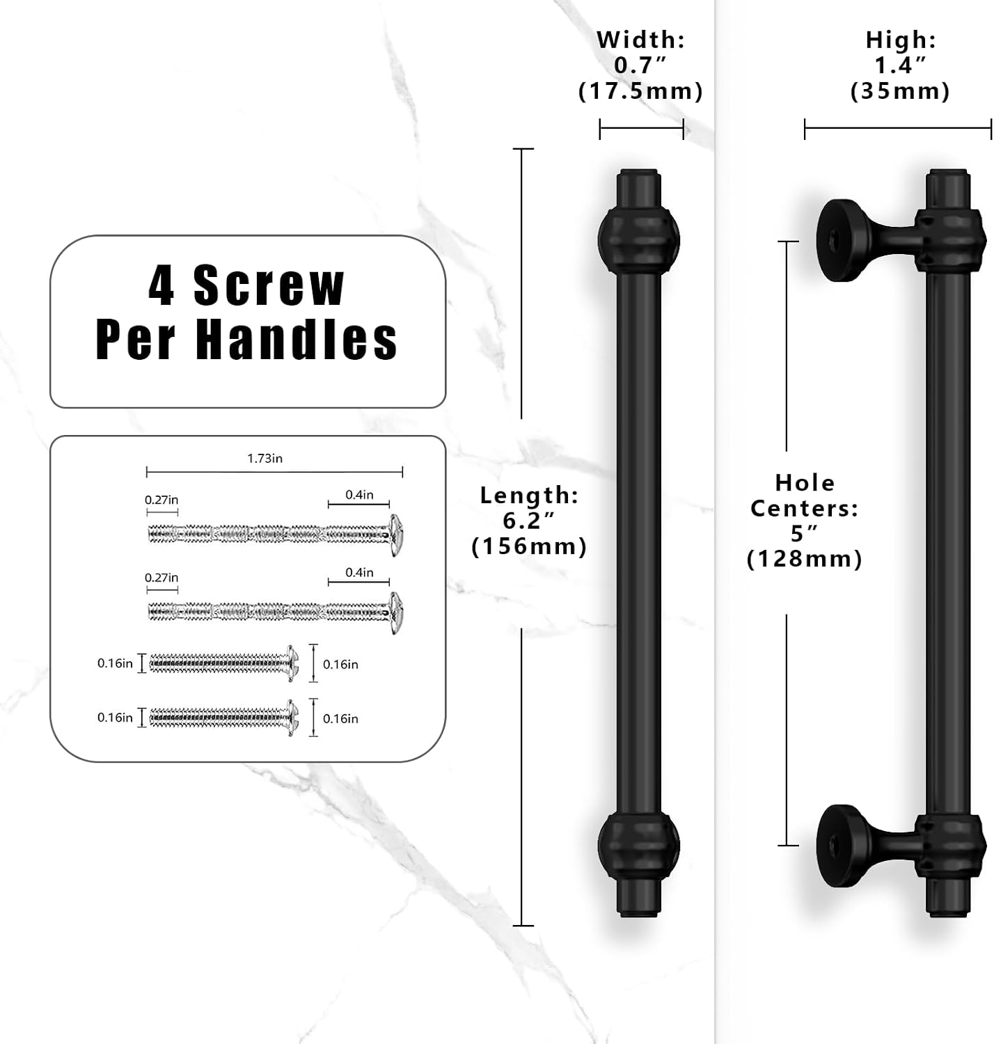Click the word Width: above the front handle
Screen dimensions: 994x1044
[x=640, y=40]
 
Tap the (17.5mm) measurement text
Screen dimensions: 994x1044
[x=640, y=90]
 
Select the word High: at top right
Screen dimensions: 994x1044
[x=901, y=40]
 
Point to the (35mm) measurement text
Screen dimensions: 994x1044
[x=900, y=90]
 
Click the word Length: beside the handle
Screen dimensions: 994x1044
[x=529, y=495]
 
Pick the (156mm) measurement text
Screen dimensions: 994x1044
[x=529, y=546]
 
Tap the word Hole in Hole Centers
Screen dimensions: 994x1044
[x=805, y=483]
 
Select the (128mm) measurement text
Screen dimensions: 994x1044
[x=805, y=559]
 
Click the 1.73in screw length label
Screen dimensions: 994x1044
[x=265, y=458]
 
